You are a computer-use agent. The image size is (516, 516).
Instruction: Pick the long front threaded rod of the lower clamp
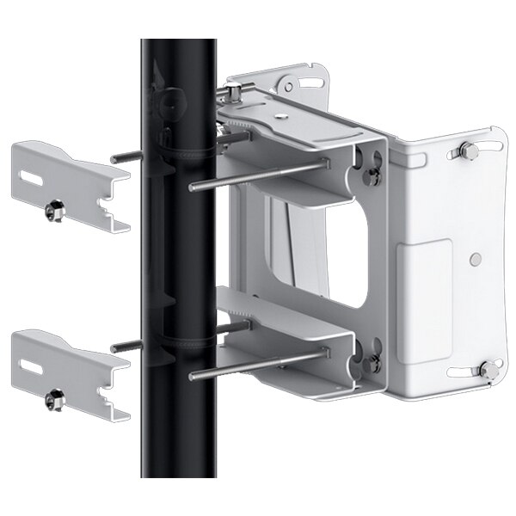pyautogui.click(x=258, y=363)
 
